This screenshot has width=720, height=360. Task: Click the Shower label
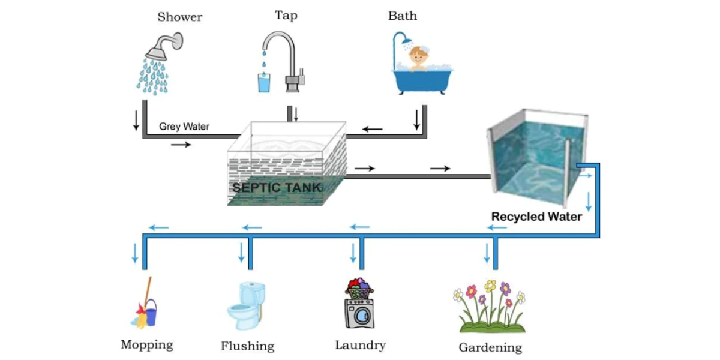pos(179,17)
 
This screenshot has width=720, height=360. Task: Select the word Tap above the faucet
pos(286,16)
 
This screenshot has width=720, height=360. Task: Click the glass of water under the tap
pos(264,83)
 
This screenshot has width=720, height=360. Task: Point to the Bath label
pos(402,16)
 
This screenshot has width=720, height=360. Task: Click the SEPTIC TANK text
pos(277,187)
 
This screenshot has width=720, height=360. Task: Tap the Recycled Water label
pos(536,217)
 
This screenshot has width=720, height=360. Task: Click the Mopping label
pos(147,345)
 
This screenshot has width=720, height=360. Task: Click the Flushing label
pos(247,346)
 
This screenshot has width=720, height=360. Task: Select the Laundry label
pos(360,345)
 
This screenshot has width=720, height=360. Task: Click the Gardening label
pos(490,347)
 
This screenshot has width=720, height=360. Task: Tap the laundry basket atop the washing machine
pos(359,290)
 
